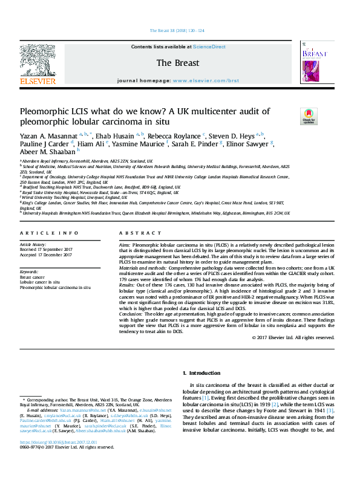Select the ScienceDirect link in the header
coord(209,47)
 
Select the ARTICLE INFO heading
coord(49,232)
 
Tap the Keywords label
coord(30,271)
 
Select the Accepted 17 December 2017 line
coord(46,253)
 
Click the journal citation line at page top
coord(176,30)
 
